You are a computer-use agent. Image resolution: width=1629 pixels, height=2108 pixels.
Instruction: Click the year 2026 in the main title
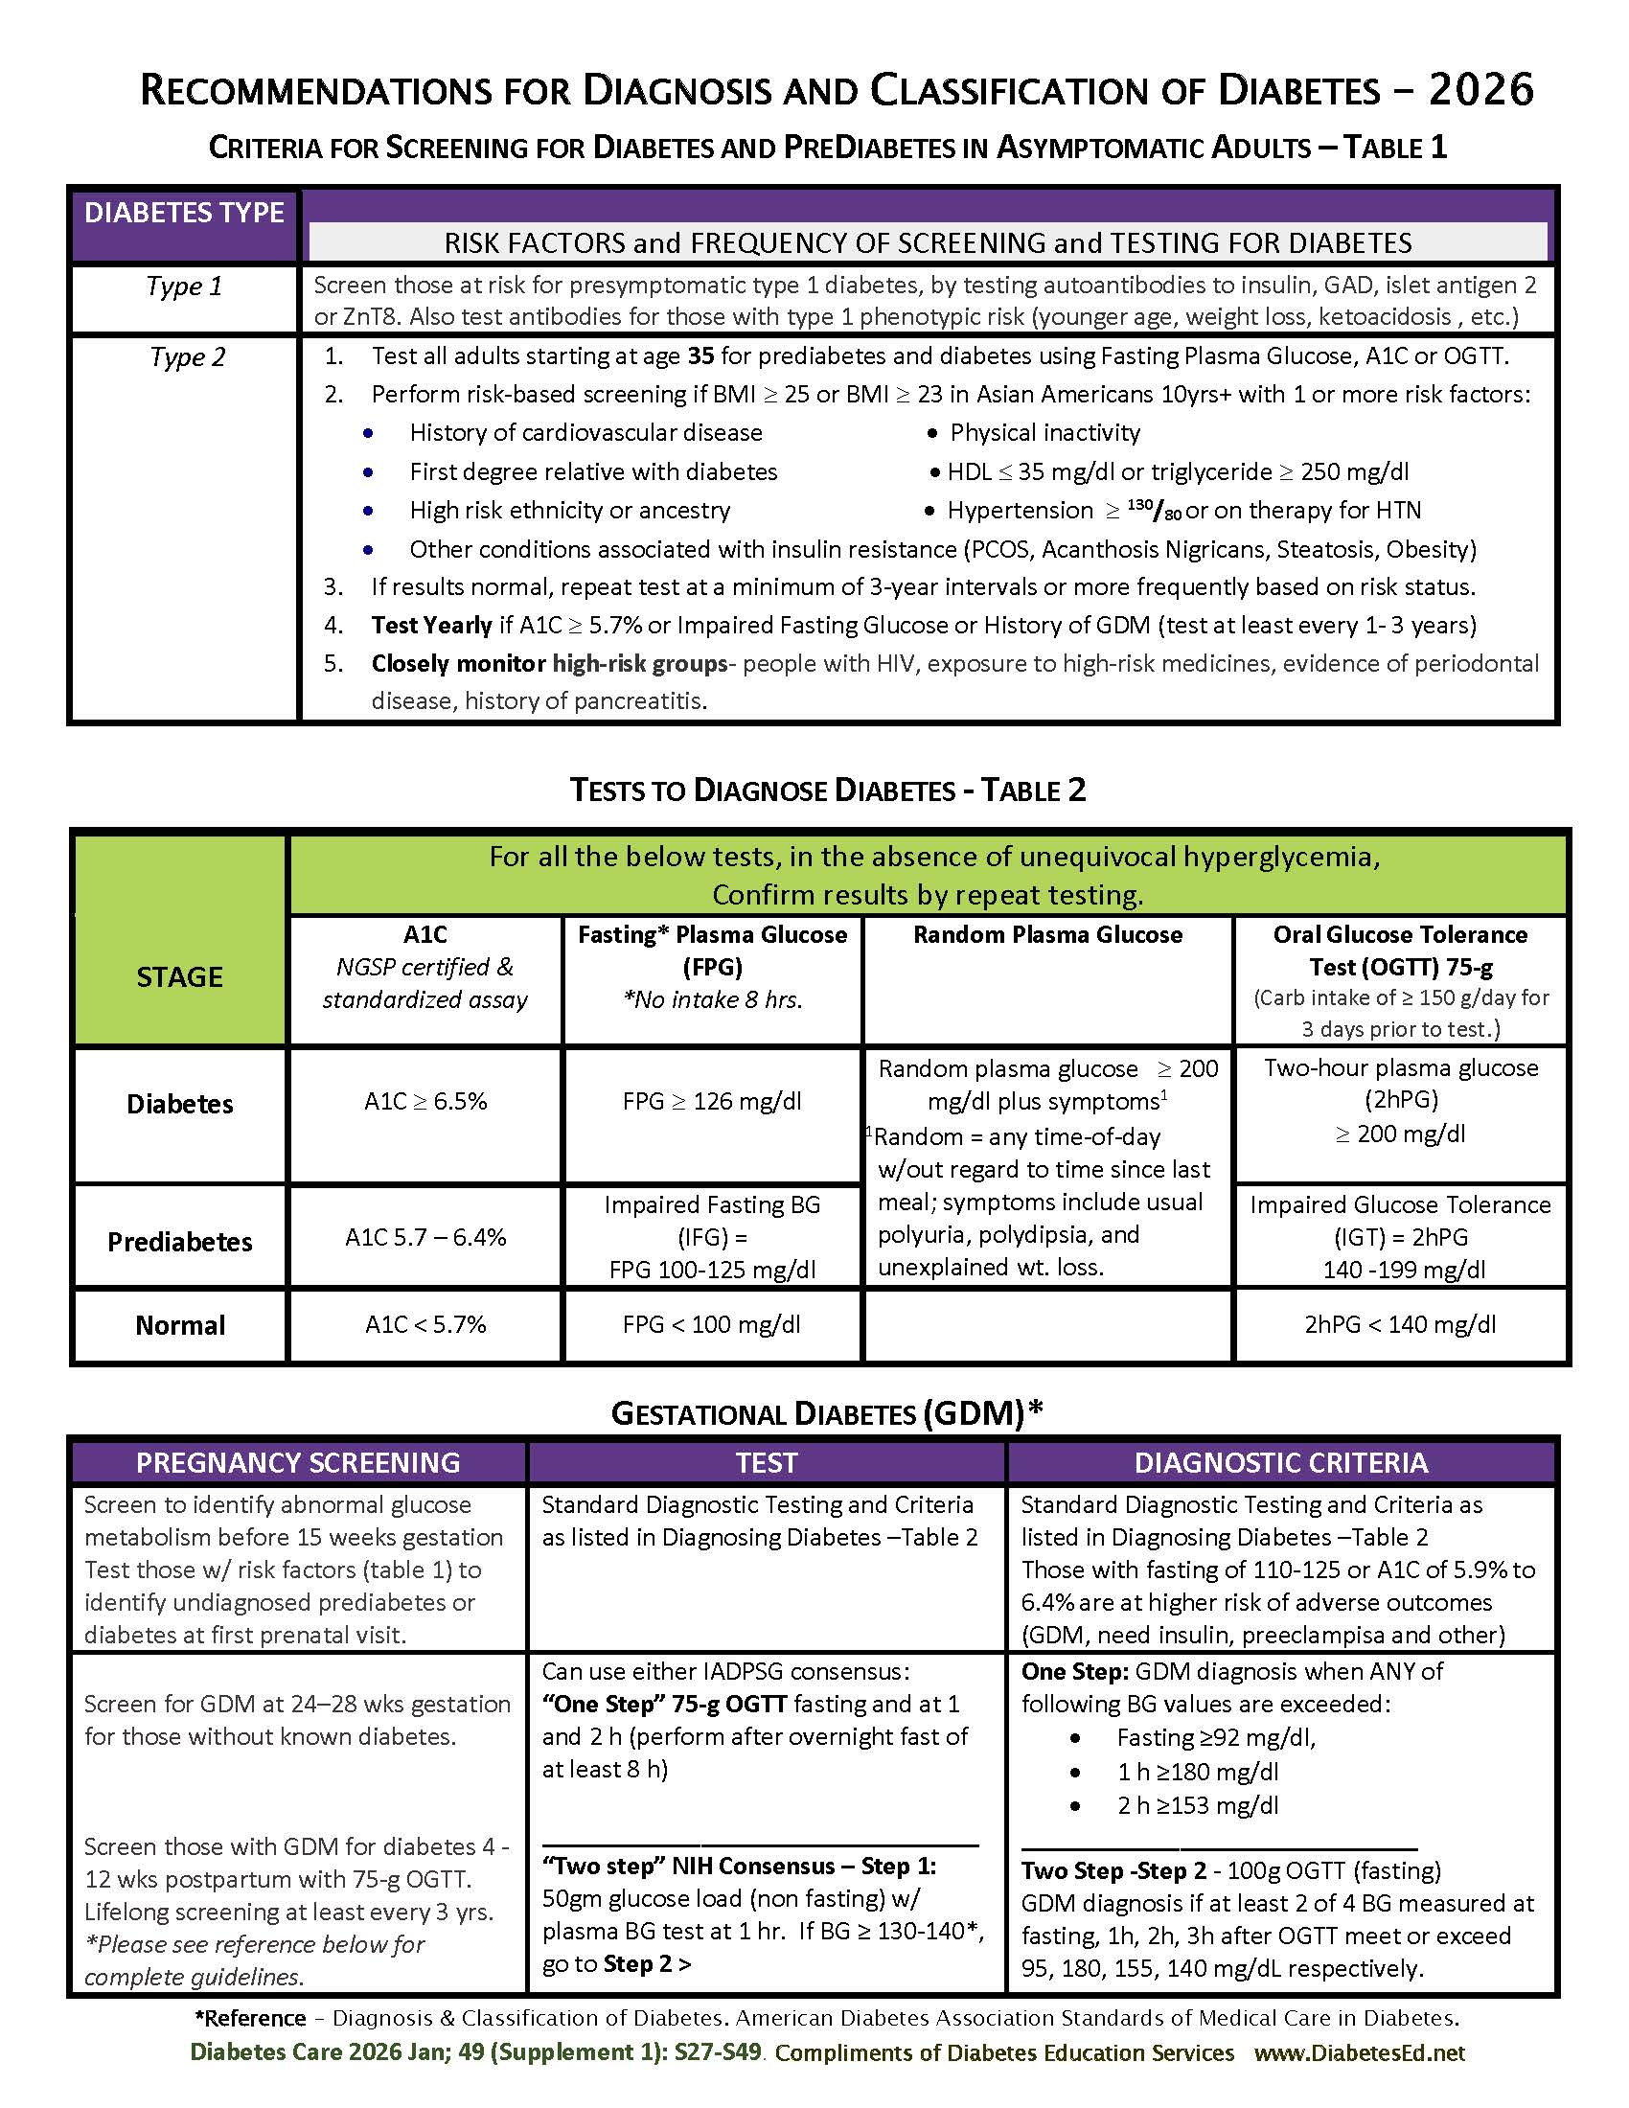pos(1480,90)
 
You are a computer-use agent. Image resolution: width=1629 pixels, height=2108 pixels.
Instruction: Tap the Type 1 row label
pos(183,286)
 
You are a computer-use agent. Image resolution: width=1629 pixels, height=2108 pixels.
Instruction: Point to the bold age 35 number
pos(700,356)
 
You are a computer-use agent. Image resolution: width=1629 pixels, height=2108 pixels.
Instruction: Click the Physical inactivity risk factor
pos(1044,432)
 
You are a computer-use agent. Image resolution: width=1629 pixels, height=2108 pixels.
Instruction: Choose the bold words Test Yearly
pos(431,626)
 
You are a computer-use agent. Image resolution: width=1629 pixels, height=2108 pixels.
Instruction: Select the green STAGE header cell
pos(179,976)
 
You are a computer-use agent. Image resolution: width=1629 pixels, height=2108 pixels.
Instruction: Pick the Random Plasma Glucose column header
pos(1047,934)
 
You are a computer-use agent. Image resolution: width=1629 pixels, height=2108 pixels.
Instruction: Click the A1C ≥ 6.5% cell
pos(424,1101)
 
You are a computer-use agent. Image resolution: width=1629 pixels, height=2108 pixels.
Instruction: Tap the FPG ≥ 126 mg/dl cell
pos(711,1101)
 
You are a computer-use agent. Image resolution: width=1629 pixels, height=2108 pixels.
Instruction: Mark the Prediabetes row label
pos(179,1241)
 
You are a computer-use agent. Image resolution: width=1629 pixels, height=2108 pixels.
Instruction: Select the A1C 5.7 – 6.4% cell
pos(424,1237)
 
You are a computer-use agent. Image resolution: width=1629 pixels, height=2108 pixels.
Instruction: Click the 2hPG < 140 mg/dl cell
pos(1399,1324)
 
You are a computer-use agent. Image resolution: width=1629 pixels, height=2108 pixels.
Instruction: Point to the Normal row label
pos(179,1325)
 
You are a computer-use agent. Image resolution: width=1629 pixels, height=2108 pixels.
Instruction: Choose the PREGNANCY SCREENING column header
pos(297,1462)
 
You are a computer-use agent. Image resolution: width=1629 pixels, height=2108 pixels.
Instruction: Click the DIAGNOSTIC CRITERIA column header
pos(1280,1462)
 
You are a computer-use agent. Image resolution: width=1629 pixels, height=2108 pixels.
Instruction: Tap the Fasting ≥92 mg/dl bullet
pos(1216,1737)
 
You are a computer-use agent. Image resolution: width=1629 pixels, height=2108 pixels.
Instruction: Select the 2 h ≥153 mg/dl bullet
pos(1197,1805)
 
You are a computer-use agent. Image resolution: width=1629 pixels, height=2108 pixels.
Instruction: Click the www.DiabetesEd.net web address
pos(1359,2052)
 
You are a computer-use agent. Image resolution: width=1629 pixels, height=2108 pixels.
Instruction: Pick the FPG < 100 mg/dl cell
pos(711,1324)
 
